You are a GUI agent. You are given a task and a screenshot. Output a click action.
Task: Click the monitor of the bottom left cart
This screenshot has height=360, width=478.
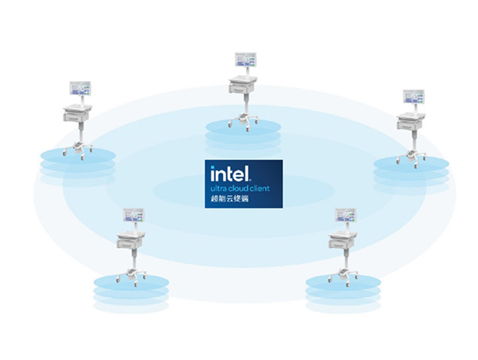tap(132, 215)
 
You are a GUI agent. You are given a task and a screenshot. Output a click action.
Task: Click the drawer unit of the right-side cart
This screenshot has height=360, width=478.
tap(409, 122)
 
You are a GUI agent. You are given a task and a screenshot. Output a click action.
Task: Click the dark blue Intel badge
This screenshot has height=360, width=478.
tap(242, 183)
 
